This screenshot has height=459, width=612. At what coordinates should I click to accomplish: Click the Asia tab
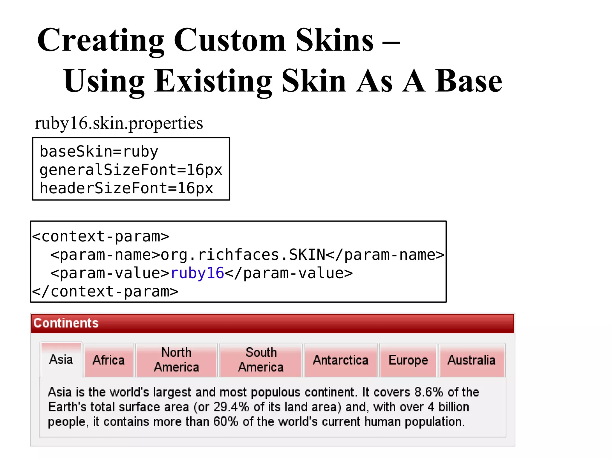point(61,359)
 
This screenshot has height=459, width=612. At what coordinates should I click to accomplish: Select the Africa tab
point(108,360)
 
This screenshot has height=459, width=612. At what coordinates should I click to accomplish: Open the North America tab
point(176,360)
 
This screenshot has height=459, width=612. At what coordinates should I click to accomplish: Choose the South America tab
point(261,360)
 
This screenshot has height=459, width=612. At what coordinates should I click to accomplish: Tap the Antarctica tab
point(341,360)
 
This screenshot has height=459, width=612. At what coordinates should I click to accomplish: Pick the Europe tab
point(408,360)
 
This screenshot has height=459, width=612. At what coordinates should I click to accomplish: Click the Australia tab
point(472,360)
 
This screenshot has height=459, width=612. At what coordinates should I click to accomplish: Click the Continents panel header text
point(66,323)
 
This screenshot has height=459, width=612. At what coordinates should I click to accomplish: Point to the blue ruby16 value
point(197,273)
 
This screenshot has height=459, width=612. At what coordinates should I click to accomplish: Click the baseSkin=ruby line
point(99,152)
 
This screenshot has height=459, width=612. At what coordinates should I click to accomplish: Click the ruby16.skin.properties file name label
point(119,123)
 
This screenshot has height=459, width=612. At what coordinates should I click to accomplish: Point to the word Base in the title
point(469,81)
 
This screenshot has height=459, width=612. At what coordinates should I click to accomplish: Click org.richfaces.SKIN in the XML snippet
point(243,255)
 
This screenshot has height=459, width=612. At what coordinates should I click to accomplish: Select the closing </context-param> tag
point(105,292)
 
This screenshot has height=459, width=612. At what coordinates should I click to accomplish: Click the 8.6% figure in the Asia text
point(429,392)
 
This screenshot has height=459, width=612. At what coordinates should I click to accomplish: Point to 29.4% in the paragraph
point(231,407)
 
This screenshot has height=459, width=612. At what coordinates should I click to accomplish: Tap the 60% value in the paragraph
point(226,422)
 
